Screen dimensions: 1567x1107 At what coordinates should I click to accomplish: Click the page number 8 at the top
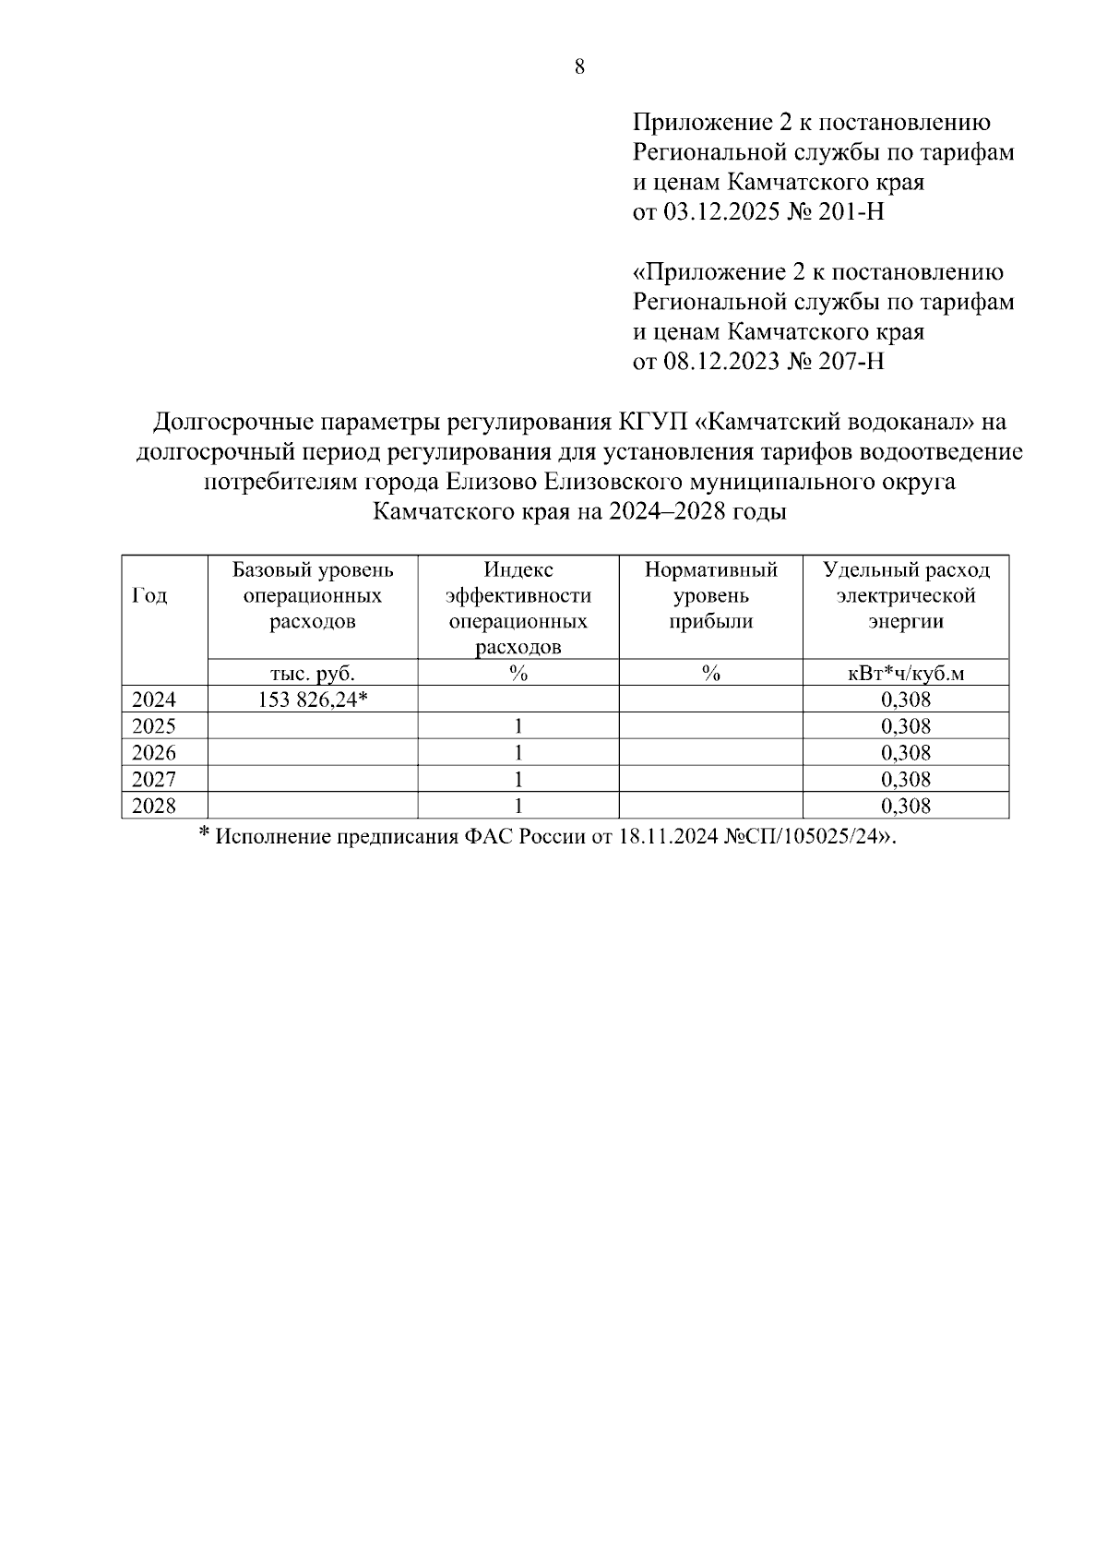point(579,66)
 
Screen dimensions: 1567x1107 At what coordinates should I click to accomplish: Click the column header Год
point(150,596)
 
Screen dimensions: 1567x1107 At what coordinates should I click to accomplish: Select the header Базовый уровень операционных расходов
point(313,595)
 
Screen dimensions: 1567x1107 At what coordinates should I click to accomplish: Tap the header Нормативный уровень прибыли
point(710,595)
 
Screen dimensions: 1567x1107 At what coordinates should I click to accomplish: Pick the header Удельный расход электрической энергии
point(906,595)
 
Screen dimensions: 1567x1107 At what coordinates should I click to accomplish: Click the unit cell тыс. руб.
point(313,674)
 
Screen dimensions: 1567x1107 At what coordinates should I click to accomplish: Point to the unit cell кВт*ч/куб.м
point(906,674)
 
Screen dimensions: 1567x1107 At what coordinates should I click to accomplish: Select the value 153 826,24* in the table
point(313,700)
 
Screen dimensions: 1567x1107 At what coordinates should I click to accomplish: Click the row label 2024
point(154,700)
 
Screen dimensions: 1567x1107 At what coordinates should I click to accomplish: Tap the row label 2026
point(154,753)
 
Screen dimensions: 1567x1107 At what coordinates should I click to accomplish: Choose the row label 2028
point(154,807)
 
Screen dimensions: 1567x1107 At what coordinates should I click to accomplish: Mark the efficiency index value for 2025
point(518,726)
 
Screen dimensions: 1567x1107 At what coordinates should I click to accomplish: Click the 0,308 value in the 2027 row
point(906,780)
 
